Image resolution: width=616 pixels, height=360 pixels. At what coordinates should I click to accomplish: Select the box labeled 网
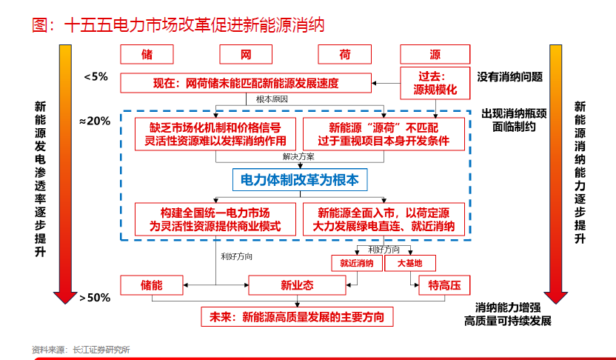coord(247,54)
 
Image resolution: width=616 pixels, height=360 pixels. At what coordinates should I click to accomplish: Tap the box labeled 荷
coord(345,54)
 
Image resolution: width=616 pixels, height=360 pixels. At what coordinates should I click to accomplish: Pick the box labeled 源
coord(435,54)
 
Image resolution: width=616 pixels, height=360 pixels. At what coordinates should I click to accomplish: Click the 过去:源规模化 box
coord(435,83)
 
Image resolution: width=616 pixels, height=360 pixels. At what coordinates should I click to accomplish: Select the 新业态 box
coord(297,285)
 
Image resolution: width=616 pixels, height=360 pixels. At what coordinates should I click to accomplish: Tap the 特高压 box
coord(444,284)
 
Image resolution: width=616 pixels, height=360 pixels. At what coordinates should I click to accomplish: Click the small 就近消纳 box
coord(356,263)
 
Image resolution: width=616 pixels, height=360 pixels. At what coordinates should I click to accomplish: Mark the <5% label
coord(96,76)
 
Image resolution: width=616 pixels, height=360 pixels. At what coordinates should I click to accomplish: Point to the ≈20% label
coord(94,121)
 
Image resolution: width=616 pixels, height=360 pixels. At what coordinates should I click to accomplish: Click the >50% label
coord(95,298)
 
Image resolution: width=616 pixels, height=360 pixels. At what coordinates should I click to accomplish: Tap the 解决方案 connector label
coord(298,157)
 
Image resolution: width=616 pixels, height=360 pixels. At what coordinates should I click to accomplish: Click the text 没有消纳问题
coord(510,76)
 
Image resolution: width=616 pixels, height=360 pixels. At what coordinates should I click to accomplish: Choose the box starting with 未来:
coord(297,317)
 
